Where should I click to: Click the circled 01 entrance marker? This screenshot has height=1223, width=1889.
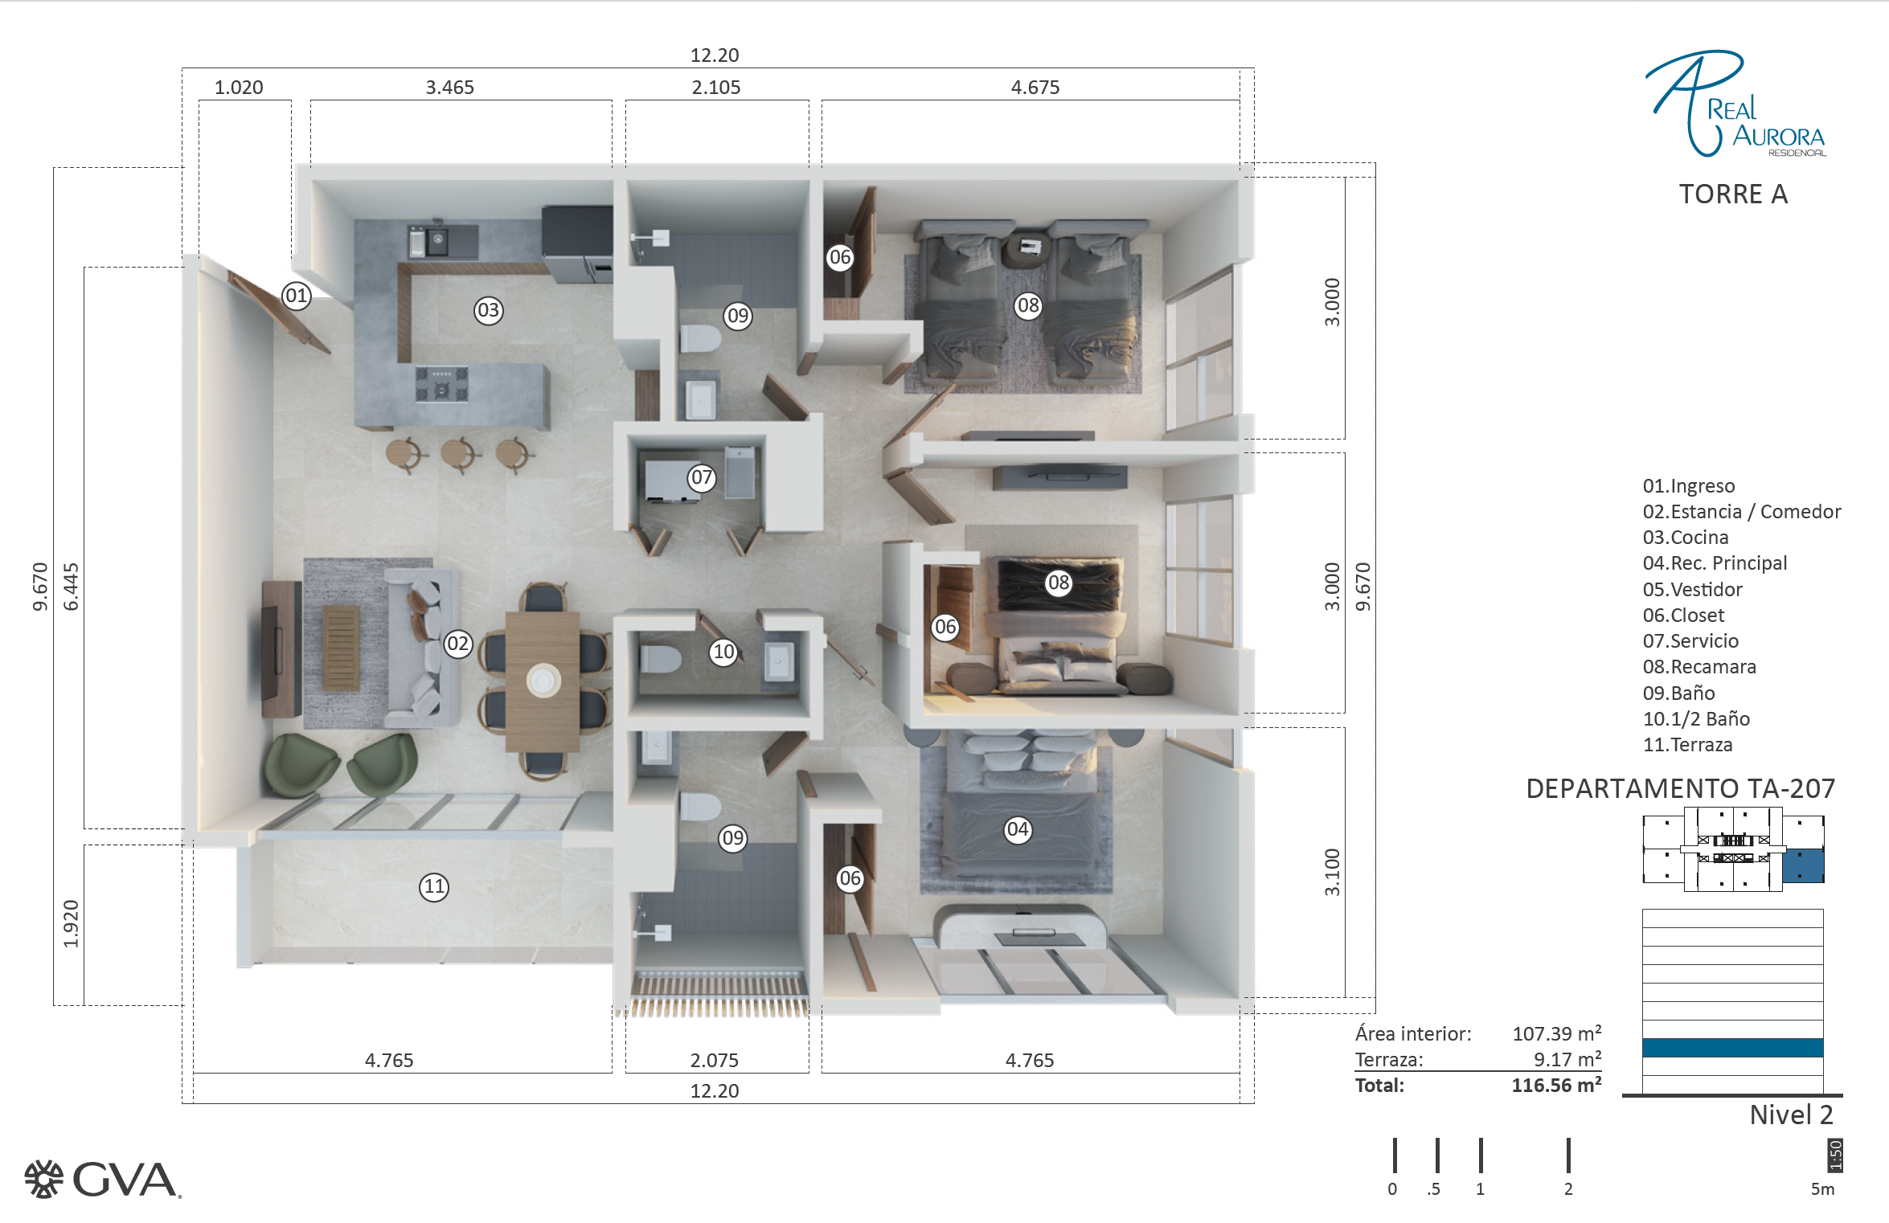click(x=297, y=296)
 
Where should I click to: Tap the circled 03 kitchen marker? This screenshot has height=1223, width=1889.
click(x=488, y=310)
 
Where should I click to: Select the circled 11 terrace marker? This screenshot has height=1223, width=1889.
click(x=434, y=886)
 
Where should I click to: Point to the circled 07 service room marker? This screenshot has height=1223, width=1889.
click(x=702, y=477)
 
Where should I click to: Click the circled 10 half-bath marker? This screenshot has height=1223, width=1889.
click(x=724, y=652)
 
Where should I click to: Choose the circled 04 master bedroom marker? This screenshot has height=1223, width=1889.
click(x=1018, y=829)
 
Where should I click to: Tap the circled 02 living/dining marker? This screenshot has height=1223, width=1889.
click(x=458, y=644)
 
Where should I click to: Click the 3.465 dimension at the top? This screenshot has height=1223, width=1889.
click(x=450, y=87)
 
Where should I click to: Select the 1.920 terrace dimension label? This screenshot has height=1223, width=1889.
click(x=71, y=923)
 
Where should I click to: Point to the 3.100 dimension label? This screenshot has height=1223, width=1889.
click(x=1332, y=872)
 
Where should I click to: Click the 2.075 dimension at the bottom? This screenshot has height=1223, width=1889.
click(x=714, y=1060)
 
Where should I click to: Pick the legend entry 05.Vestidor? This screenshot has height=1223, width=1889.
click(x=1692, y=590)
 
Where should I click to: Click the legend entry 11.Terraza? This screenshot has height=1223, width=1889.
click(x=1687, y=745)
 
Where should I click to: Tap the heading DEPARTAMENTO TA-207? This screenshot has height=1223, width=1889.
click(x=1680, y=788)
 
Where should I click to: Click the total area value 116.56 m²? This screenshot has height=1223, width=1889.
click(x=1556, y=1085)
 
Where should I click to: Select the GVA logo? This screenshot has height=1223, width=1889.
click(x=102, y=1180)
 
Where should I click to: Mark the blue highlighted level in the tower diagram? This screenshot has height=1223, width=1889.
click(x=1732, y=1048)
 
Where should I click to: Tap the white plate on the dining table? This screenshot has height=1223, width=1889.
click(x=543, y=680)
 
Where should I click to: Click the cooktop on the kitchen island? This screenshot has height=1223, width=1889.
click(x=441, y=383)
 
